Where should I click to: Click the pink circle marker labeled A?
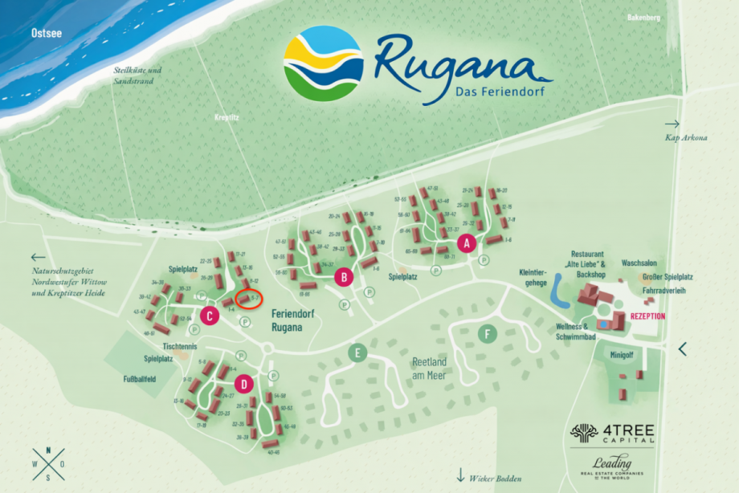click(x=464, y=241)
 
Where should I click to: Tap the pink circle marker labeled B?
click(x=344, y=278)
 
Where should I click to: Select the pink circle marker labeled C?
click(x=210, y=316)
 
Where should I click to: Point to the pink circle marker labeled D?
click(x=244, y=381)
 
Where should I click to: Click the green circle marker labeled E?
click(x=357, y=352)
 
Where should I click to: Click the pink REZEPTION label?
click(x=647, y=316)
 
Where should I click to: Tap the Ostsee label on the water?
click(x=46, y=34)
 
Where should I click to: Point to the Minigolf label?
click(x=621, y=354)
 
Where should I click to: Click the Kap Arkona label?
click(x=686, y=138)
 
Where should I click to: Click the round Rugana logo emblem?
click(x=324, y=65)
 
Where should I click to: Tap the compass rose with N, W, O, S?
click(x=48, y=463)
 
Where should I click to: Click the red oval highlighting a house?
click(x=250, y=299)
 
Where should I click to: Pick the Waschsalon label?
click(x=639, y=263)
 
